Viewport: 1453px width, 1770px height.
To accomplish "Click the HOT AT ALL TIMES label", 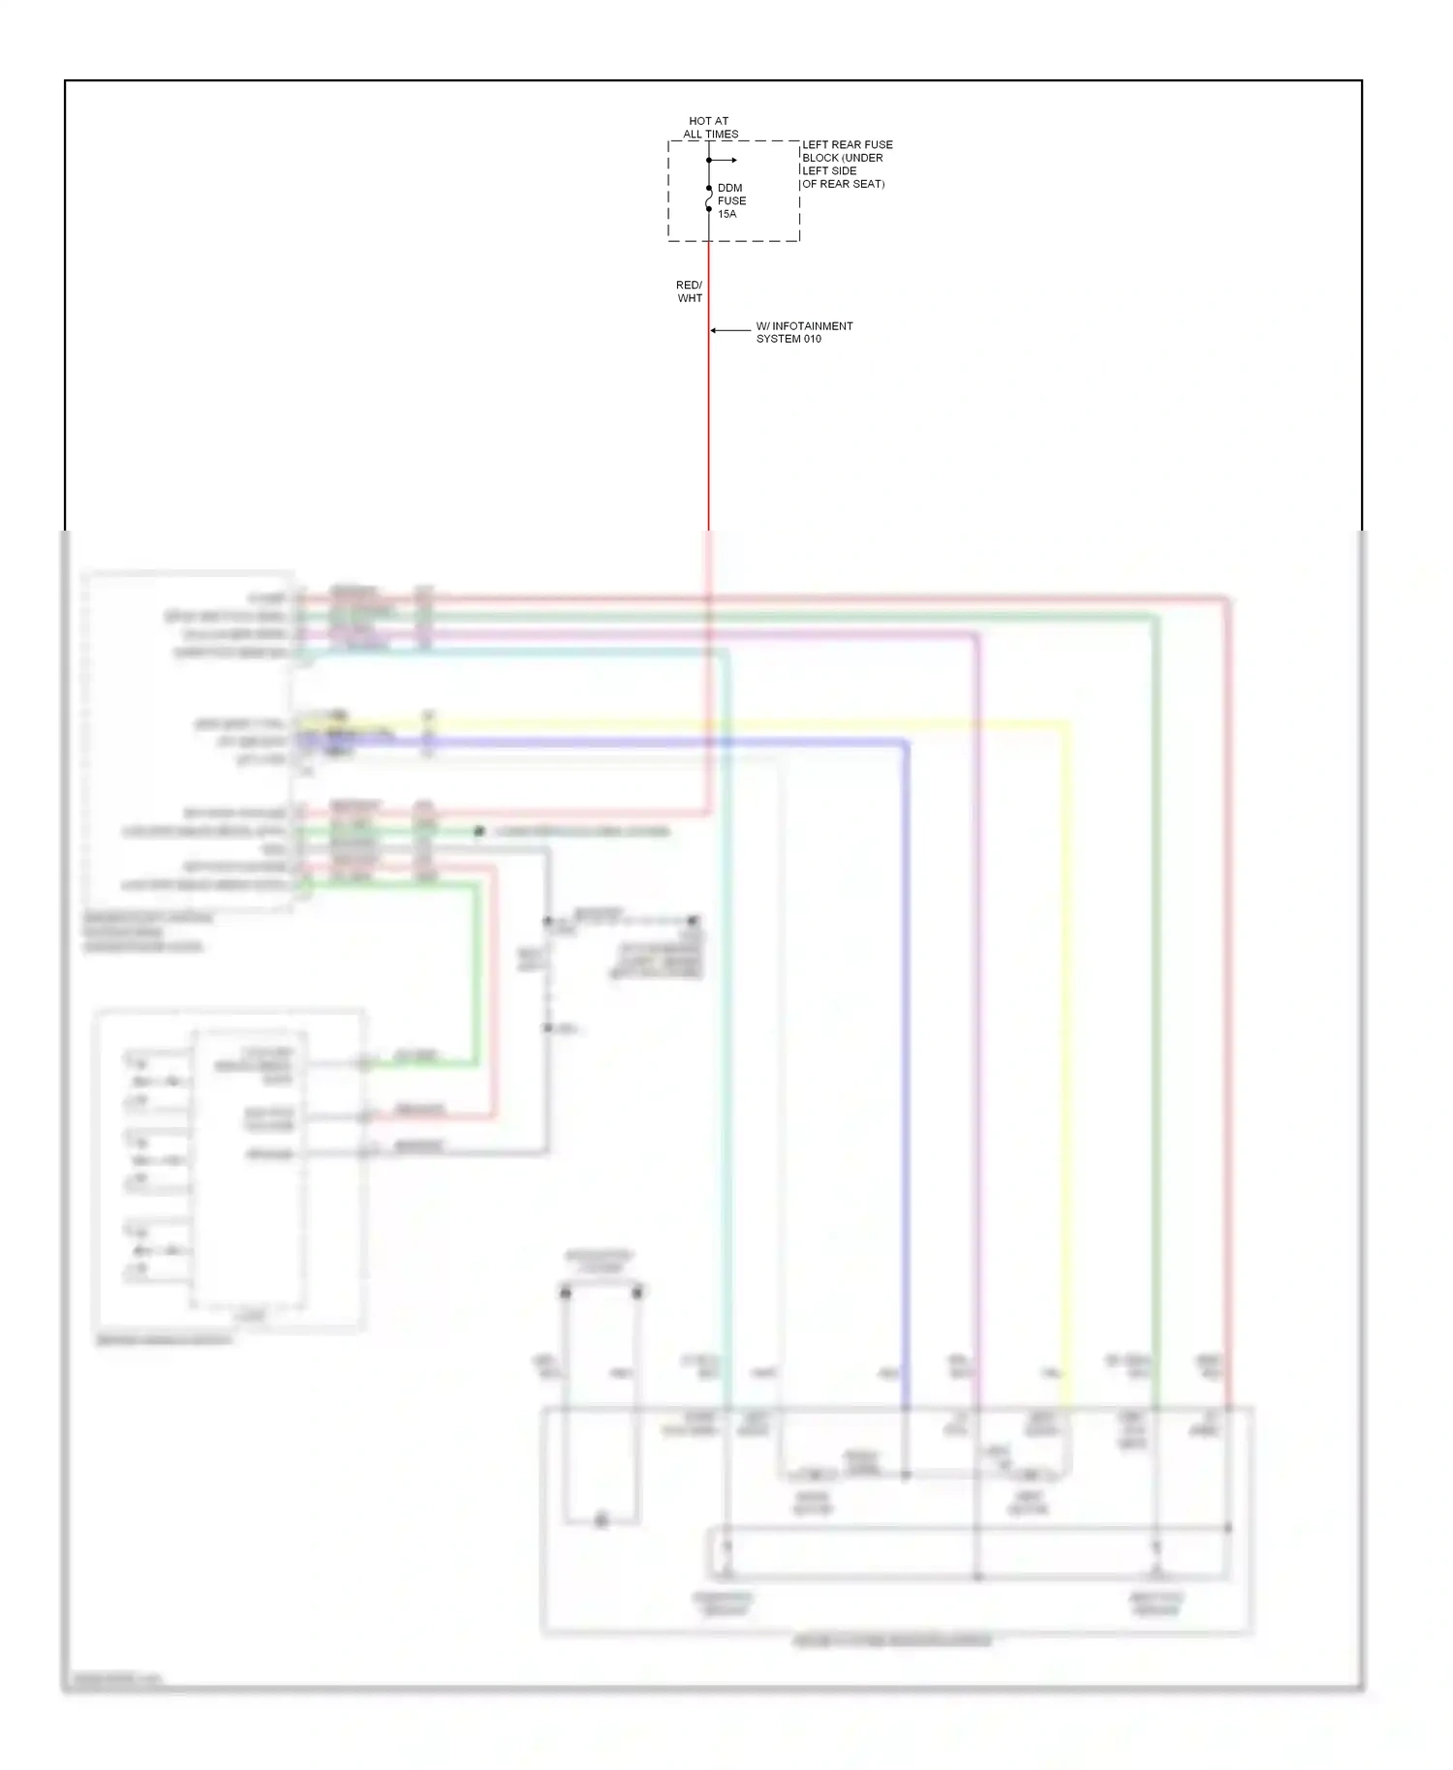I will tap(709, 128).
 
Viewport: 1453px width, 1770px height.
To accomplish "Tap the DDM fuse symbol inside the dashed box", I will tap(709, 198).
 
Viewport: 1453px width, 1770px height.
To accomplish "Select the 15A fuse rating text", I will tap(727, 214).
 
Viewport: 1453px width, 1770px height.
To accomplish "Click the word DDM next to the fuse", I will tap(730, 188).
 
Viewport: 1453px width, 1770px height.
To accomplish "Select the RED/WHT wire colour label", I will tap(689, 291).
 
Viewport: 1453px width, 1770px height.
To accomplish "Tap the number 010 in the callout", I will tap(811, 339).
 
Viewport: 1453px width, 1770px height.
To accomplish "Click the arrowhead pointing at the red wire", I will tap(714, 331).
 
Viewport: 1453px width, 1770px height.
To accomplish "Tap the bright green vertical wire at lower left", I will tap(476, 968).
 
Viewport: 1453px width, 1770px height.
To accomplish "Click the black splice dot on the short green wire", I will tap(479, 832).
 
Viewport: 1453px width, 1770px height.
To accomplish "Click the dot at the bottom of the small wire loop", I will tap(602, 1520).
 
